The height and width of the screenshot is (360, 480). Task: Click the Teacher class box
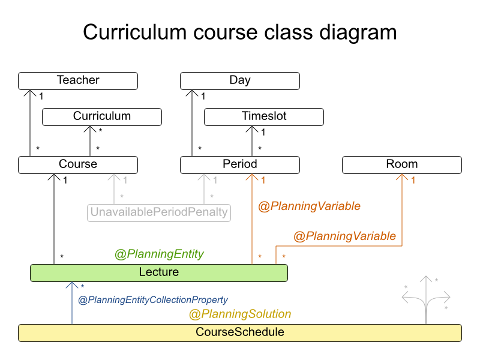[78, 80]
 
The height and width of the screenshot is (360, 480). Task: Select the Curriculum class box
[102, 116]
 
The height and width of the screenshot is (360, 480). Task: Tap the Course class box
[78, 164]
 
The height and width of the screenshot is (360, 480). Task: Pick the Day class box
[240, 80]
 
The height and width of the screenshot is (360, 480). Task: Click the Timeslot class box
[264, 116]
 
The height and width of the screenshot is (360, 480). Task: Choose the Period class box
[240, 164]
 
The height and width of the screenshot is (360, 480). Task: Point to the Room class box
[402, 164]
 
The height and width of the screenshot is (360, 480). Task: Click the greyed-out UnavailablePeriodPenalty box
[159, 212]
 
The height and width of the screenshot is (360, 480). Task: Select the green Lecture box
[159, 272]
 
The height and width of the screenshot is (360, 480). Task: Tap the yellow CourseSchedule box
[240, 332]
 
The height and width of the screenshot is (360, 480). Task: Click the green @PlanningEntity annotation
[159, 254]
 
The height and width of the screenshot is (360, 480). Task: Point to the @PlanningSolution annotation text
[240, 314]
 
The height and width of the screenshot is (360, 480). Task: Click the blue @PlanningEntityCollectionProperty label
[153, 299]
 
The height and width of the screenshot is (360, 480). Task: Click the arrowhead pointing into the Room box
[402, 178]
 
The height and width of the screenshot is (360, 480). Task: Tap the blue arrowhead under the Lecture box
[72, 286]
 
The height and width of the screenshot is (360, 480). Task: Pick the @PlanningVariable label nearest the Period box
[309, 206]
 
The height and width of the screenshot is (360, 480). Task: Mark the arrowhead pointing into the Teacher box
[30, 94]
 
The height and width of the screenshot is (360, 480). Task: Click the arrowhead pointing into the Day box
[192, 94]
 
